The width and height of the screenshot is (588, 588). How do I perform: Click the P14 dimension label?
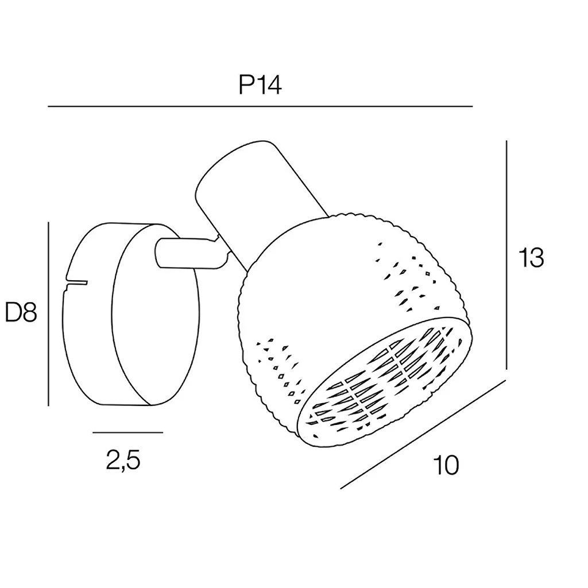coord(260,86)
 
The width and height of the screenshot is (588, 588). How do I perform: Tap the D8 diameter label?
coord(21,312)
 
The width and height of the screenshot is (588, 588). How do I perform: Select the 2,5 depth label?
coord(123,460)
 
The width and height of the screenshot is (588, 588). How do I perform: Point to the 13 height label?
coord(531,258)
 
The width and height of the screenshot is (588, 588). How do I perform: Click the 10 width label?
coord(446,465)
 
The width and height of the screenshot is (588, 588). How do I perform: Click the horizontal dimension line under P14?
coord(260,107)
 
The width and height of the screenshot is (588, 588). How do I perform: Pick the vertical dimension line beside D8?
coord(49,314)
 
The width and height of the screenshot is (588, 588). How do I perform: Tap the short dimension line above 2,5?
coord(128,432)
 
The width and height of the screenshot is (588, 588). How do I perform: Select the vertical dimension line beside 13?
coord(506,255)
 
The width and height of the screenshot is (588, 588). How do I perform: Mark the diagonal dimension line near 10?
coord(423,434)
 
